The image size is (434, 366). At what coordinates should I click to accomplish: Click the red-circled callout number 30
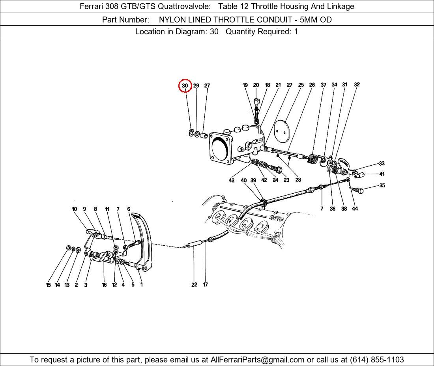point(185,86)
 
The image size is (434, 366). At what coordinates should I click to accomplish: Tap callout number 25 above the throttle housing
point(301,85)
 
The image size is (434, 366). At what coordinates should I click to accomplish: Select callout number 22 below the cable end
point(194,285)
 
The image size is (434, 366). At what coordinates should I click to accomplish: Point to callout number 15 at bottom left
point(48,285)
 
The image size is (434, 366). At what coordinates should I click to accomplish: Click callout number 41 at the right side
point(382,174)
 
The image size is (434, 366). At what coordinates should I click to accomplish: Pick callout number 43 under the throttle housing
point(231,180)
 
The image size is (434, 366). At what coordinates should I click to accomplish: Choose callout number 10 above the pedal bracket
point(74,209)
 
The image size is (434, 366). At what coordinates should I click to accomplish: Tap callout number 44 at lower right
point(355,209)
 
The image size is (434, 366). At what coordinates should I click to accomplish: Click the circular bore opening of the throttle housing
point(220,149)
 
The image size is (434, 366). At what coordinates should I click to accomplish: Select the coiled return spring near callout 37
point(312,159)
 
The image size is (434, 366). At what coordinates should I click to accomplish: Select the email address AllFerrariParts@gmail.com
point(257,360)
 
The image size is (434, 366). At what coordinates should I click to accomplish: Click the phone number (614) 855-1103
point(377,360)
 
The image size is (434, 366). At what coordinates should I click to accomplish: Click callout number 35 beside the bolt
point(382,185)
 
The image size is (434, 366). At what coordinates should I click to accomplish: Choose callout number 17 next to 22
point(205,285)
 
